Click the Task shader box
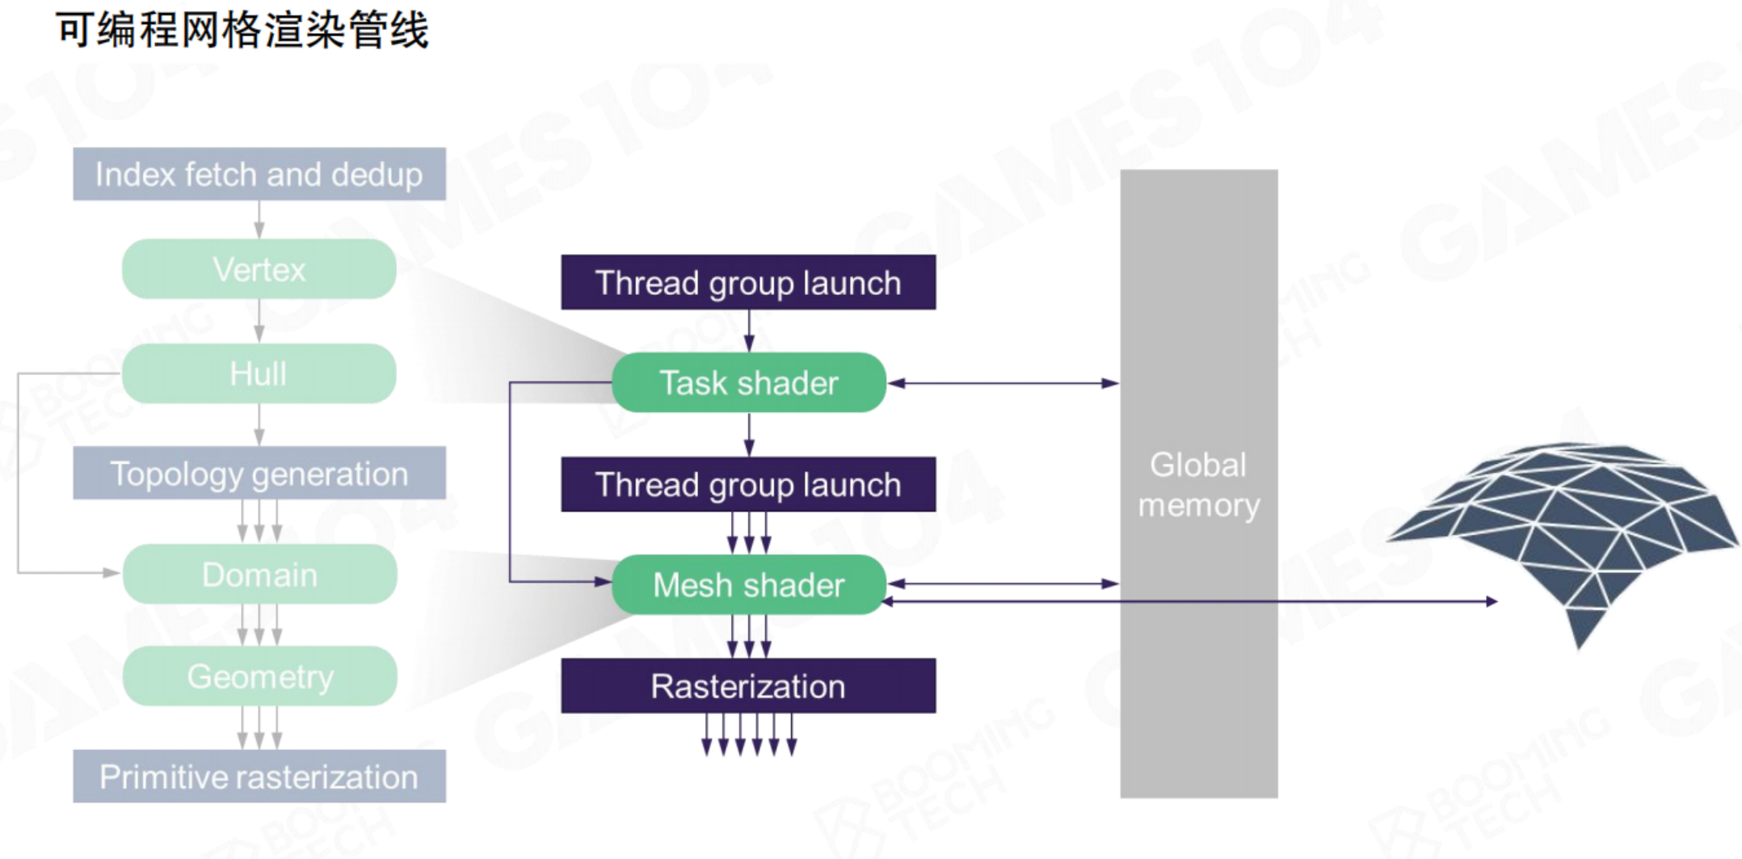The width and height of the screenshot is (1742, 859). coord(748,382)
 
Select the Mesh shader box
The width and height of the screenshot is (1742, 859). coord(748,584)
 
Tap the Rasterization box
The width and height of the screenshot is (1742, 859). coord(748,686)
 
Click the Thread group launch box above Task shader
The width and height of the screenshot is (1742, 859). coord(748,283)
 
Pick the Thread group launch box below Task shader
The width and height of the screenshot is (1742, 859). coord(748,485)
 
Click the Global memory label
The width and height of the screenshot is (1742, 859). coord(1198,485)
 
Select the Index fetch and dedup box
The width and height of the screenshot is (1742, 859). coord(259,174)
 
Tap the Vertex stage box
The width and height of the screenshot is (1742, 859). coord(259,269)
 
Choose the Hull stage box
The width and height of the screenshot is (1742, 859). coord(259,373)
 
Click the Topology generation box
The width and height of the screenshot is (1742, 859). coord(259,474)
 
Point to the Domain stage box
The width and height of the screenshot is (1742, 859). coord(259,575)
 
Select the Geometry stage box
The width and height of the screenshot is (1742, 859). coord(259,676)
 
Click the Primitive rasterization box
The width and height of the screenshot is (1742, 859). coord(259,777)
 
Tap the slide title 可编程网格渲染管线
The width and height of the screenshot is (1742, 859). coord(242,31)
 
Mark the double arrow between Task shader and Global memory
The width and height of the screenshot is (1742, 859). coord(1003,383)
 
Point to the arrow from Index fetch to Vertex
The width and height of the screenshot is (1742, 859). coord(259,219)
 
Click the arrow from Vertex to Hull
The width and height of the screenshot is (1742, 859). coord(259,321)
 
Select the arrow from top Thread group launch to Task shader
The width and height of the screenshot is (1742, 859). coord(749,331)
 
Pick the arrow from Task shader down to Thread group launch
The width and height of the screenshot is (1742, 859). coord(749,435)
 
